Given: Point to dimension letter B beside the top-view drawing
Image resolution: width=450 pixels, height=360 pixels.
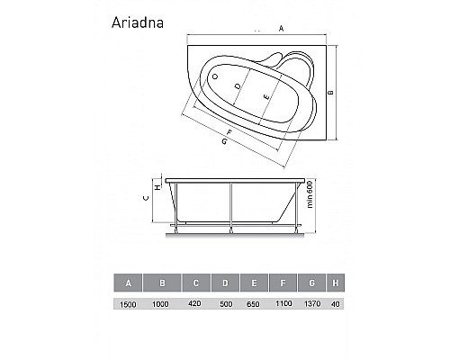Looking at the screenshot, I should click(330, 94).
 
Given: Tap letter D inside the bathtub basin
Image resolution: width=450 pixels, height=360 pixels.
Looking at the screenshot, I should click(237, 87).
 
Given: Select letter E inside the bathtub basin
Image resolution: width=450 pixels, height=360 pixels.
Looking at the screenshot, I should click(265, 95).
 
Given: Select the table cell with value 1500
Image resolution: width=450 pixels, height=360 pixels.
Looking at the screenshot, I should click(130, 306).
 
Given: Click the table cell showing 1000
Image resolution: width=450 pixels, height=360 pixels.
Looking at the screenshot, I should click(163, 306).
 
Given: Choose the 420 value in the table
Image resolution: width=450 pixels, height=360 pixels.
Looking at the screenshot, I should click(195, 306).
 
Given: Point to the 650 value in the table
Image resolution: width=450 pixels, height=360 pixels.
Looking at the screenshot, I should click(255, 306).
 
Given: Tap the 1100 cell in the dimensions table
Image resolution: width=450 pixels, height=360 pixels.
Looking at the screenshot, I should click(284, 306).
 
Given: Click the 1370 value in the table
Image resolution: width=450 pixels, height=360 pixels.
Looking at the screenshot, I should click(313, 306).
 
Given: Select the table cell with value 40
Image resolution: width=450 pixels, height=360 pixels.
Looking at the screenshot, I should click(335, 306).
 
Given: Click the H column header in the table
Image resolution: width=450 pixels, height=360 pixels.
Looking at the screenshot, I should click(335, 283).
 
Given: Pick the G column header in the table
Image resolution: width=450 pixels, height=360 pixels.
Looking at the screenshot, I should click(312, 283).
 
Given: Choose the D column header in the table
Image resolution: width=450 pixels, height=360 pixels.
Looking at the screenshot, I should click(225, 283).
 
